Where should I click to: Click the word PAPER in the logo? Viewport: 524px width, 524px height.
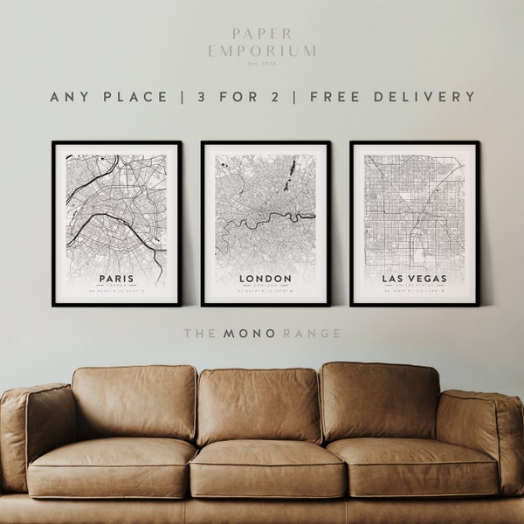[x=261, y=36]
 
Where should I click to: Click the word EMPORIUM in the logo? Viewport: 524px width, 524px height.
[x=261, y=52]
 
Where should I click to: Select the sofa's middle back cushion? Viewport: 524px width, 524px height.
[x=259, y=403]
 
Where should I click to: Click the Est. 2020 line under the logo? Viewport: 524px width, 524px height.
[x=261, y=63]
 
